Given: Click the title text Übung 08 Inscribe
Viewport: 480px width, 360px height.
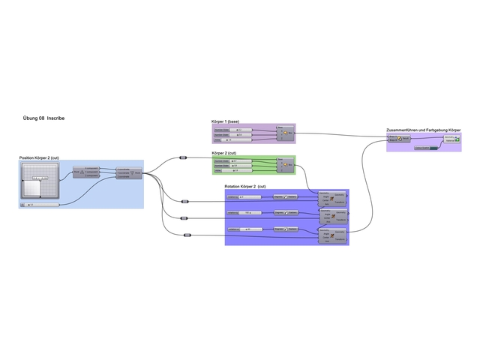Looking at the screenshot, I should [44, 118].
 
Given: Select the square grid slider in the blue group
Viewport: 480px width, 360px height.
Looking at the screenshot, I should [35, 181].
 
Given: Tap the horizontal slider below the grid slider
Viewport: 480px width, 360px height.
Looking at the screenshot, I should [41, 204].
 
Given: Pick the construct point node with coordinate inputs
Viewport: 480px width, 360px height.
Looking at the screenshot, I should [132, 173].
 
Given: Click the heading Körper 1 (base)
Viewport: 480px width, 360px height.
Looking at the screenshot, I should [225, 121].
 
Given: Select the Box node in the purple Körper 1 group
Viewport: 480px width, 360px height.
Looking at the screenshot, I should [285, 134].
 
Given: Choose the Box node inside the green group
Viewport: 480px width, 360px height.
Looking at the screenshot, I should [285, 165].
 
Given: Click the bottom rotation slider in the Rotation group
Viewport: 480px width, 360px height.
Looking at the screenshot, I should [243, 229].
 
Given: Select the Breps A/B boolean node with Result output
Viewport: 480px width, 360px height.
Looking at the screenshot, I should [397, 139].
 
